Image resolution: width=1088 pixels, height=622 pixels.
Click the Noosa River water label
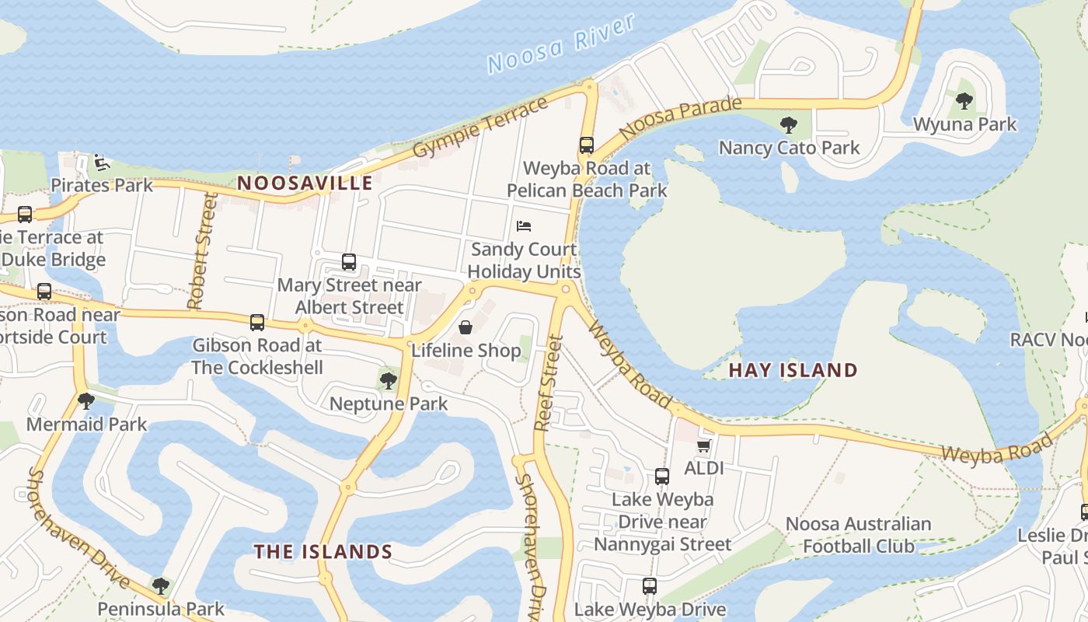562,44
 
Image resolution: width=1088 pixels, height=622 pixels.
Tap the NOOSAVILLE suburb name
305,183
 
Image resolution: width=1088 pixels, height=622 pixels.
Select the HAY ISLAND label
793,370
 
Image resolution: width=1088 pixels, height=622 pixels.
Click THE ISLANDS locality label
323,552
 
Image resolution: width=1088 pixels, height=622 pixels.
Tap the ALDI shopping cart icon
703,446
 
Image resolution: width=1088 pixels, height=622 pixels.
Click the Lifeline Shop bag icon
466,327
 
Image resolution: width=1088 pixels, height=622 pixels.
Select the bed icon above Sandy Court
524,226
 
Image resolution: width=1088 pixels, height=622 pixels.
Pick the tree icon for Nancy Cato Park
789,124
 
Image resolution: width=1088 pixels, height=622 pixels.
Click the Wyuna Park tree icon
964,101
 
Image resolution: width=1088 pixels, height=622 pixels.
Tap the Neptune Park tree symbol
388,381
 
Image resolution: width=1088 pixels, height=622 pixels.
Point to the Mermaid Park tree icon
86,401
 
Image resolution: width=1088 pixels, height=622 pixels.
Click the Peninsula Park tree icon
160,585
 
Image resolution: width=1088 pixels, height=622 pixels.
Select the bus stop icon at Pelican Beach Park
587,145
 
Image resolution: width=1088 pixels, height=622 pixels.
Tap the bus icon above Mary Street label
349,262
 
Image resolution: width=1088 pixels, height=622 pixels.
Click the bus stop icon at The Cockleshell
257,322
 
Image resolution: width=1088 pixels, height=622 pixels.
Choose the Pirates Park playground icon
102,162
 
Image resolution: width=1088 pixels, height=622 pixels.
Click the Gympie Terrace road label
481,128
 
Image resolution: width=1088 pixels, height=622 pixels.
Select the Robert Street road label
201,251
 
